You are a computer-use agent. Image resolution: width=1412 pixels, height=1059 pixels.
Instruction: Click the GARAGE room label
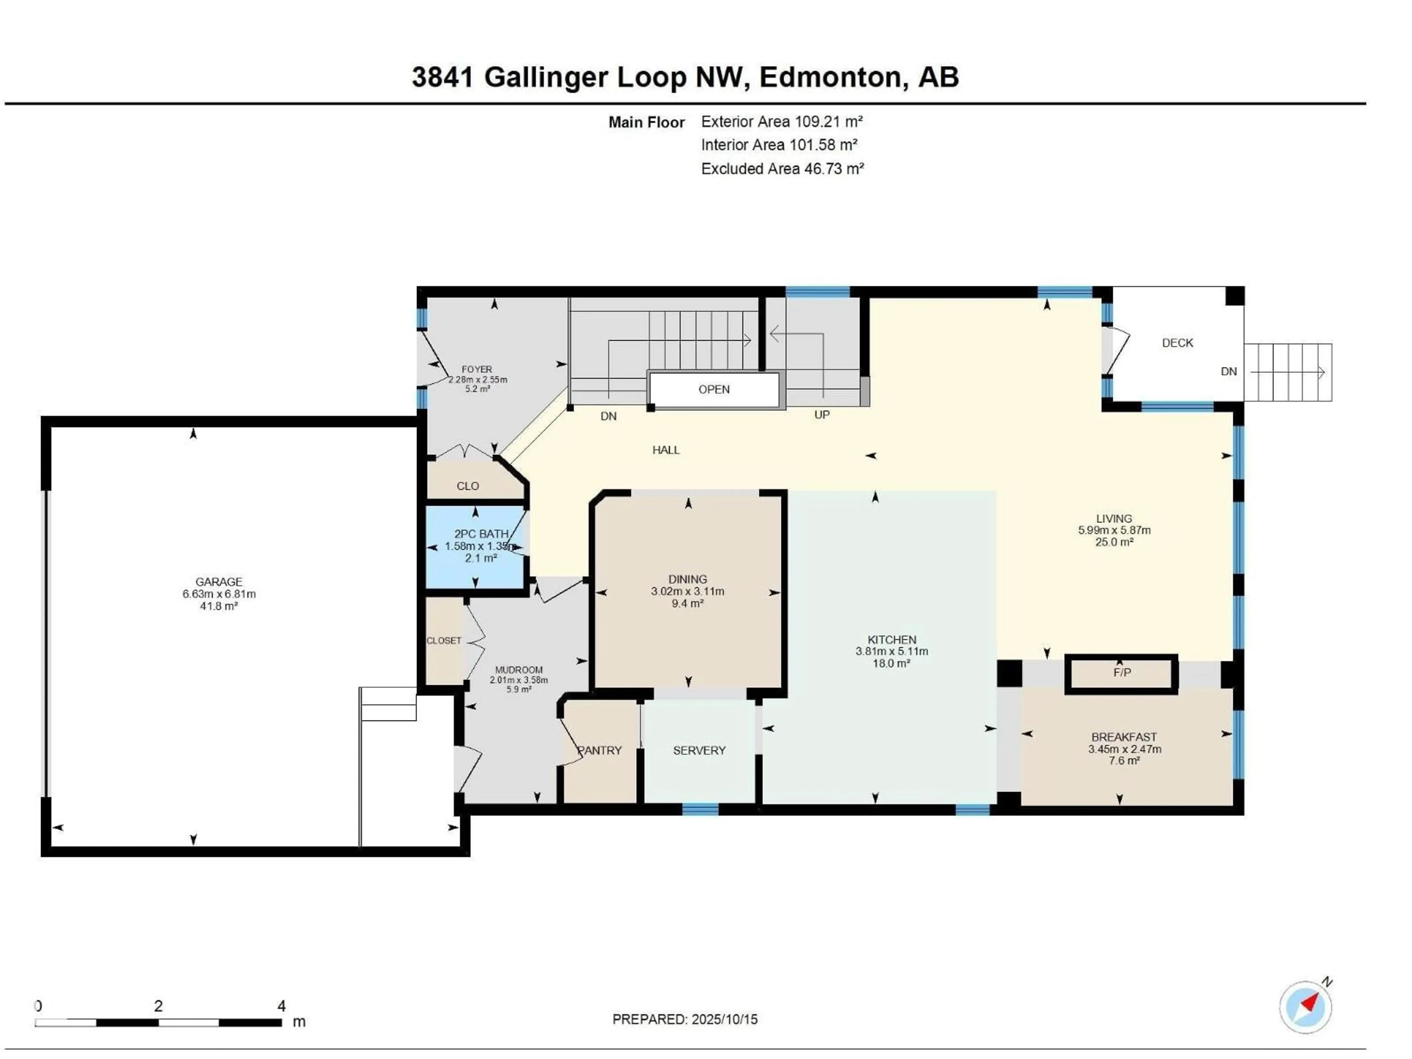click(x=218, y=581)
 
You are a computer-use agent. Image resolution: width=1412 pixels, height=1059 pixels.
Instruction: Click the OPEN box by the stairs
click(x=714, y=389)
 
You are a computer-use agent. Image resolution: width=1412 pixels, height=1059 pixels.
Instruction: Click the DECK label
click(x=1177, y=343)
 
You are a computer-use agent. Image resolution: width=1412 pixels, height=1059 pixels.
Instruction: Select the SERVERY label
click(x=699, y=750)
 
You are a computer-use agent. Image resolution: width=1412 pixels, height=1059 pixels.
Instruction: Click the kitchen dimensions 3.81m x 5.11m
click(x=892, y=651)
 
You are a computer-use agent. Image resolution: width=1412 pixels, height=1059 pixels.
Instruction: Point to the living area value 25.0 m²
click(x=1114, y=542)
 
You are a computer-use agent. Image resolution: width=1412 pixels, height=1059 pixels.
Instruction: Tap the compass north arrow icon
click(x=1305, y=1007)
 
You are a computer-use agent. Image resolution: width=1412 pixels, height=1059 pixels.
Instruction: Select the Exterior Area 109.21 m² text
click(x=781, y=121)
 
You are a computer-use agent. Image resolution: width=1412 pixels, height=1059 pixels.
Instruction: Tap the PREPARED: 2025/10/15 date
click(x=685, y=1019)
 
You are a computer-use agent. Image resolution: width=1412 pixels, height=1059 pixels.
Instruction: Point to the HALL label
click(x=666, y=450)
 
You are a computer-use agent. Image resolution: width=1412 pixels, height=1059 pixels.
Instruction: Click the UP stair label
click(x=821, y=415)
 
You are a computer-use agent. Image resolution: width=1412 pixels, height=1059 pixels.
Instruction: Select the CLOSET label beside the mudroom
click(x=444, y=640)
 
